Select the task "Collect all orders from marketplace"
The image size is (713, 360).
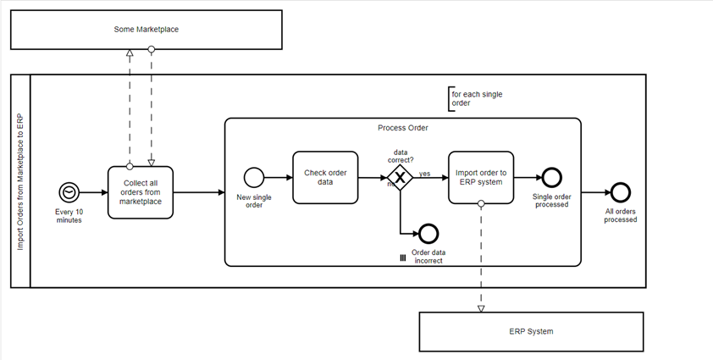pos(141,192)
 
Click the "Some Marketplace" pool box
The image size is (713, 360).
pos(146,30)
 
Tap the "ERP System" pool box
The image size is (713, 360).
pos(533,331)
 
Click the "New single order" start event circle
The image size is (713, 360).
pos(253,178)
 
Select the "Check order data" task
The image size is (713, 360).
pos(325,177)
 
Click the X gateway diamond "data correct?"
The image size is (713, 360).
pos(399,178)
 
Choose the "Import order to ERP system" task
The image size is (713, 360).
pos(480,177)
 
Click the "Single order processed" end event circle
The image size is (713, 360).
pos(551,178)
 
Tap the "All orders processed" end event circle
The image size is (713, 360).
pos(620,192)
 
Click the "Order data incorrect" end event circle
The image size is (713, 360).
pos(427,233)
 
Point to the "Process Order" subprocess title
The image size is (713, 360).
pos(402,128)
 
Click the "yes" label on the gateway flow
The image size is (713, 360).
pos(424,173)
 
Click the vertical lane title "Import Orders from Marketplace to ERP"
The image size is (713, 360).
pos(21,181)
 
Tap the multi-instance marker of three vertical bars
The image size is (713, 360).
pos(403,257)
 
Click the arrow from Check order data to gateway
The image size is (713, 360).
pos(370,178)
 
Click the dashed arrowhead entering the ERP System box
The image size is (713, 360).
pos(481,308)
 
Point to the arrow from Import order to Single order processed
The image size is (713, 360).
pos(527,178)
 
